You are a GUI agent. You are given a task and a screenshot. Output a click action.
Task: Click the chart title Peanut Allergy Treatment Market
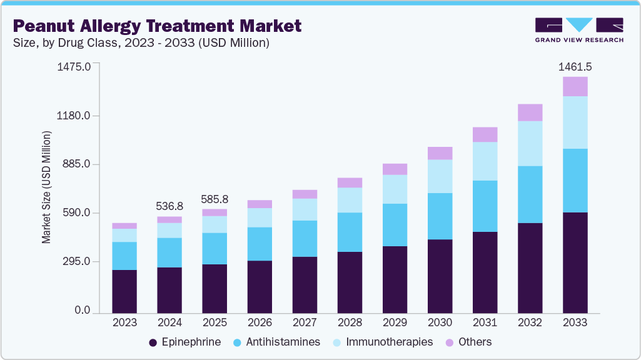click(x=157, y=26)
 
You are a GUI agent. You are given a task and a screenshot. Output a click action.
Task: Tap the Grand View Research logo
click(x=579, y=29)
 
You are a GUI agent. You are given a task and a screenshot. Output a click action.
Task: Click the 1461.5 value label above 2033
click(x=575, y=66)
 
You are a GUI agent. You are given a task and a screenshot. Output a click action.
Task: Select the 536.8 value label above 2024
click(x=169, y=206)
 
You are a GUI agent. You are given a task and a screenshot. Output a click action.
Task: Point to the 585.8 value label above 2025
click(x=215, y=199)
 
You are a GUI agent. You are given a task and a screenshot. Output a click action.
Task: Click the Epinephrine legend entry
click(x=185, y=342)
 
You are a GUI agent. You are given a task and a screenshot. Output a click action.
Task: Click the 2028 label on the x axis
click(x=350, y=323)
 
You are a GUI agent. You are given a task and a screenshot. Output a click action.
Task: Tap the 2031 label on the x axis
click(x=485, y=323)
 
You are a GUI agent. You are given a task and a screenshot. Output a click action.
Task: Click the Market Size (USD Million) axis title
click(x=46, y=187)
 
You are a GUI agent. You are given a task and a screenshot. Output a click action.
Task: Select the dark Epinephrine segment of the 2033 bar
click(x=575, y=262)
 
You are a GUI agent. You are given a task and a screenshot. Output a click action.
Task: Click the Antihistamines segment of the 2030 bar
click(x=440, y=216)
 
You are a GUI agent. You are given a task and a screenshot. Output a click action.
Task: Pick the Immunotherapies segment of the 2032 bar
click(x=530, y=143)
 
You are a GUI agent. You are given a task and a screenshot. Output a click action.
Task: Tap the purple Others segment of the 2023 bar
click(x=124, y=226)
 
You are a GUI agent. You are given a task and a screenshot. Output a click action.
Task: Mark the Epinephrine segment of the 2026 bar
click(x=260, y=286)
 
